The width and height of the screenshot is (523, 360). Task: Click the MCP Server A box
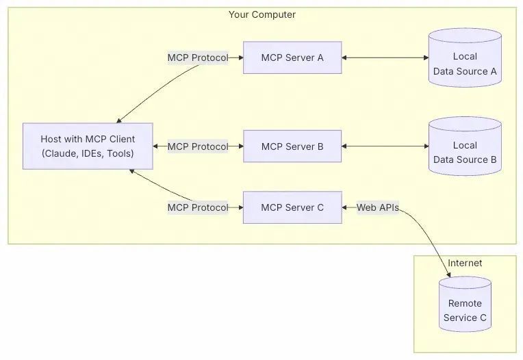click(x=292, y=57)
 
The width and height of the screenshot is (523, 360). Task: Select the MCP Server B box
click(x=292, y=146)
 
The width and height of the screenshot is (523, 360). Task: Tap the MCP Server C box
click(x=292, y=207)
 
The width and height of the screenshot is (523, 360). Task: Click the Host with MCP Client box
click(x=88, y=146)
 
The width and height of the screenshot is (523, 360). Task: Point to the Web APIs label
click(x=377, y=207)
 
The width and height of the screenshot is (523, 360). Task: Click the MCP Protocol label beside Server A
click(x=198, y=58)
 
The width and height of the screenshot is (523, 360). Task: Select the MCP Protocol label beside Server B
click(x=198, y=146)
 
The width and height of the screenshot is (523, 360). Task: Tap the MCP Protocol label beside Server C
click(x=198, y=207)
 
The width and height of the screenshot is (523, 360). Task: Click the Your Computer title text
click(x=262, y=14)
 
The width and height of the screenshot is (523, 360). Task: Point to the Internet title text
click(x=465, y=263)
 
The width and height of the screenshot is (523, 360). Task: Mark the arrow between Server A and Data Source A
click(x=385, y=58)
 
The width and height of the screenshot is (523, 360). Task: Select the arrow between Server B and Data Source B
click(x=385, y=146)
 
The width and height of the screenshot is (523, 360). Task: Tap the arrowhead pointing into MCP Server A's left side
click(x=240, y=58)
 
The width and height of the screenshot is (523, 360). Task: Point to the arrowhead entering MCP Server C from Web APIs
click(x=346, y=207)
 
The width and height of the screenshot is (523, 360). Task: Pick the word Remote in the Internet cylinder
click(x=465, y=303)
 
